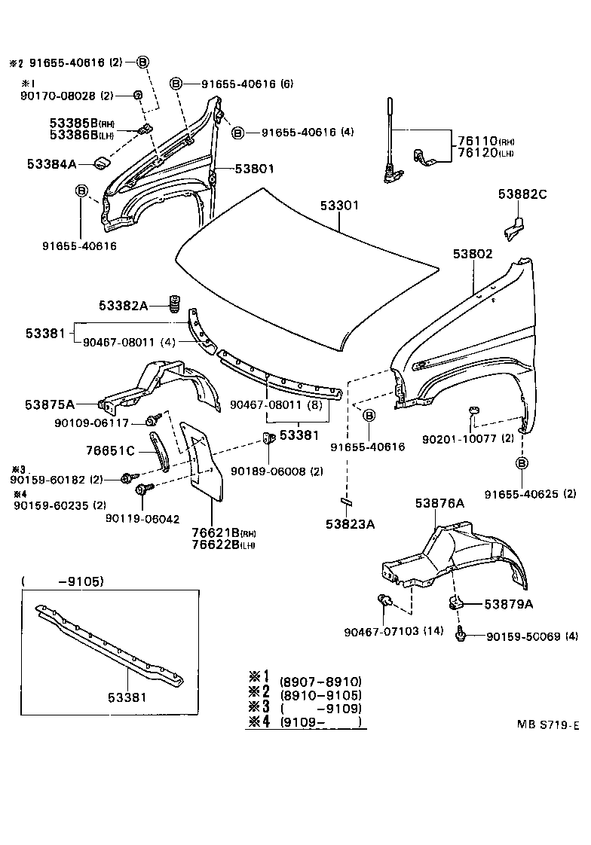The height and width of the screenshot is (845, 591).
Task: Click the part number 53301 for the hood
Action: (340, 205)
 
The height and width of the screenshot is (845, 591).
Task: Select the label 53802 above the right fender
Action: (473, 255)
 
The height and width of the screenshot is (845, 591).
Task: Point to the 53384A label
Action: (52, 163)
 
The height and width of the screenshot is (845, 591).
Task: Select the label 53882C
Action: (522, 194)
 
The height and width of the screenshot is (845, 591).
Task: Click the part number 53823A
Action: (350, 523)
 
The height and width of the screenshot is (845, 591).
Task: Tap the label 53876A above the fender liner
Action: (438, 503)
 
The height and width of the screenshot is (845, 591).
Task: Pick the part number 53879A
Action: (508, 604)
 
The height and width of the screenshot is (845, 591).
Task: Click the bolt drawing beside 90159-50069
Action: (460, 636)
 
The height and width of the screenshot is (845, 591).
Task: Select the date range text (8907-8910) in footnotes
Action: (320, 680)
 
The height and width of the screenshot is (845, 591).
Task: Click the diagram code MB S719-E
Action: (547, 725)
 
